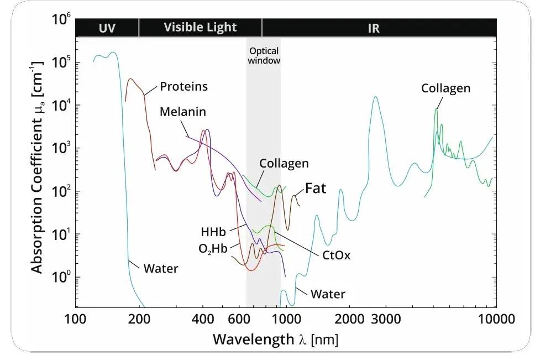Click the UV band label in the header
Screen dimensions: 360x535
pyautogui.click(x=107, y=28)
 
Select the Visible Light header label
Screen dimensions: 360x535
pyautogui.click(x=200, y=27)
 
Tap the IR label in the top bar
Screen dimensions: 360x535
pyautogui.click(x=374, y=28)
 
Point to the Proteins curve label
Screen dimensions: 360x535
pyautogui.click(x=183, y=87)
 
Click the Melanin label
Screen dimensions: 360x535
pyautogui.click(x=182, y=112)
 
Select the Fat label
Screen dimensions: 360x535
pyautogui.click(x=316, y=189)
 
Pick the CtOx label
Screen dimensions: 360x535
pyautogui.click(x=337, y=255)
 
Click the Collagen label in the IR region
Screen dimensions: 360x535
pyautogui.click(x=445, y=88)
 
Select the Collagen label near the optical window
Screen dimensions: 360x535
pyautogui.click(x=284, y=164)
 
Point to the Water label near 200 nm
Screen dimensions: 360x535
pyautogui.click(x=161, y=269)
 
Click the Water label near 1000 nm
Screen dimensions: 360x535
pyautogui.click(x=328, y=294)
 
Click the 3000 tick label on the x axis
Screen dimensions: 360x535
pyautogui.click(x=385, y=319)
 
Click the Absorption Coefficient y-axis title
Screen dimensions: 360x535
pyautogui.click(x=37, y=171)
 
